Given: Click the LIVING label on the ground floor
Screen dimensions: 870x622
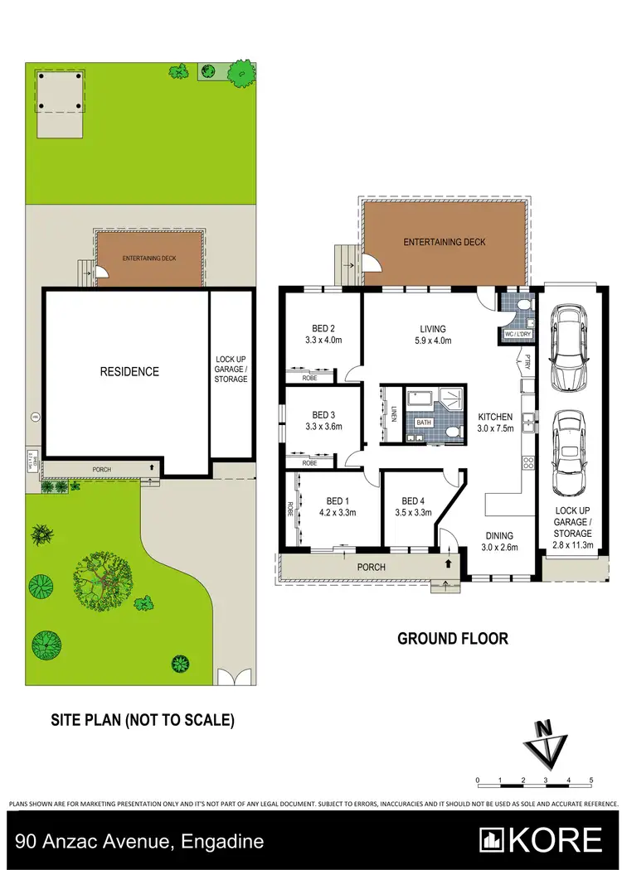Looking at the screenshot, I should pyautogui.click(x=432, y=329).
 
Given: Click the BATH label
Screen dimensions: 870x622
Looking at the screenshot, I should pyautogui.click(x=424, y=423).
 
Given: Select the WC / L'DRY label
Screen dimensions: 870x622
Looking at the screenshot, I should pyautogui.click(x=518, y=334).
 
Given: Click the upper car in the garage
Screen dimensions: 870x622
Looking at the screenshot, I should pyautogui.click(x=569, y=340).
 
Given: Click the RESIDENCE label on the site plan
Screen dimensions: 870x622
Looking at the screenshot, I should pyautogui.click(x=130, y=371).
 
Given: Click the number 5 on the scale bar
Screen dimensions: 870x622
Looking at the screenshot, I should pyautogui.click(x=591, y=781).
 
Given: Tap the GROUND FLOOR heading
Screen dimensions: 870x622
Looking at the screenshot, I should pyautogui.click(x=452, y=639).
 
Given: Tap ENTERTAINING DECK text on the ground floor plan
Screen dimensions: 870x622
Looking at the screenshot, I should pyautogui.click(x=444, y=242).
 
